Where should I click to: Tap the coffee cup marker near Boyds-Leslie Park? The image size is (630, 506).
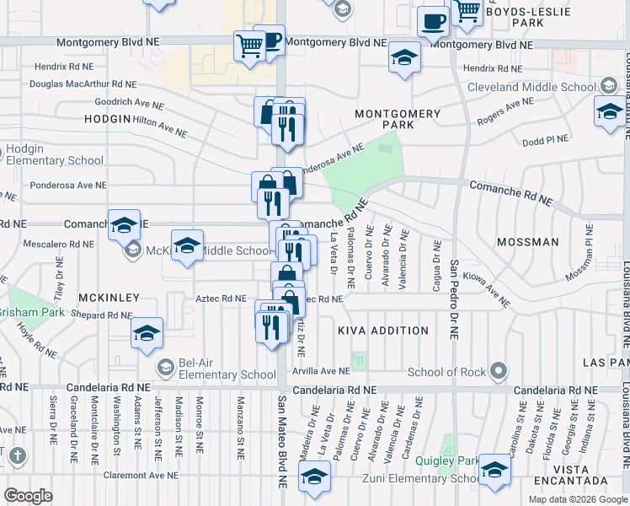point(434,22)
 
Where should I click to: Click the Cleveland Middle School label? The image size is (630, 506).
point(542,86)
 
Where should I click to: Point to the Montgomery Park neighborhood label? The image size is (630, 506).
point(385,118)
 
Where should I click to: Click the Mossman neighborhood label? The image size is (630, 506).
point(527,242)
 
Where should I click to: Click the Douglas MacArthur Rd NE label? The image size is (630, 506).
point(83,83)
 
